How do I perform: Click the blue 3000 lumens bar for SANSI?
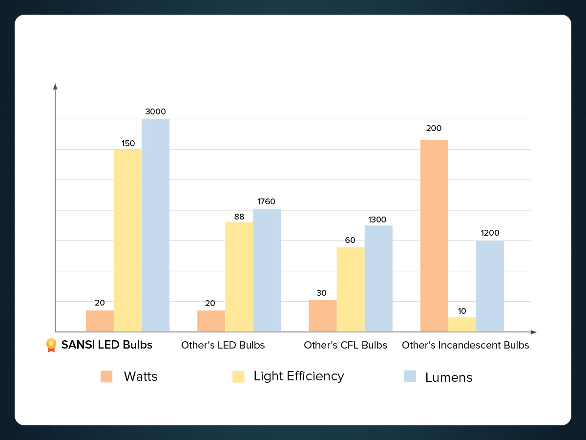[x=155, y=225]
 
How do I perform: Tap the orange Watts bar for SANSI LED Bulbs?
[x=100, y=321]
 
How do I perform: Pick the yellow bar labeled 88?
[x=239, y=277]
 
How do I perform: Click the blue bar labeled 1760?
[x=267, y=270]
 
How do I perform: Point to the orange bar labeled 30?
[x=323, y=316]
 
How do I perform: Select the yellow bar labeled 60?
[x=351, y=289]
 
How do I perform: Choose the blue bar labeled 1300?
[x=378, y=279]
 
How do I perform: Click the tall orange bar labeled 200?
[x=434, y=236]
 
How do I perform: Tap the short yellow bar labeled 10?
[x=462, y=325]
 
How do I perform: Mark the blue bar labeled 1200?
[x=490, y=286]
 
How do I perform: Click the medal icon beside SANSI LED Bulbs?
[x=51, y=345]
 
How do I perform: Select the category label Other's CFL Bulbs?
[x=345, y=345]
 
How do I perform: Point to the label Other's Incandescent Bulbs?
[x=465, y=345]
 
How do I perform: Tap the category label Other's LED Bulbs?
[x=223, y=345]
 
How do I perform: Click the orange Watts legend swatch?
[x=106, y=376]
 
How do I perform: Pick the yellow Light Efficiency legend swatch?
[x=238, y=376]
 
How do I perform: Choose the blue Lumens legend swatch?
[x=410, y=376]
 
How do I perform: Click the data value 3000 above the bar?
[x=155, y=111]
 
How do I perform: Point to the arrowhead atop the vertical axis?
[x=55, y=87]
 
